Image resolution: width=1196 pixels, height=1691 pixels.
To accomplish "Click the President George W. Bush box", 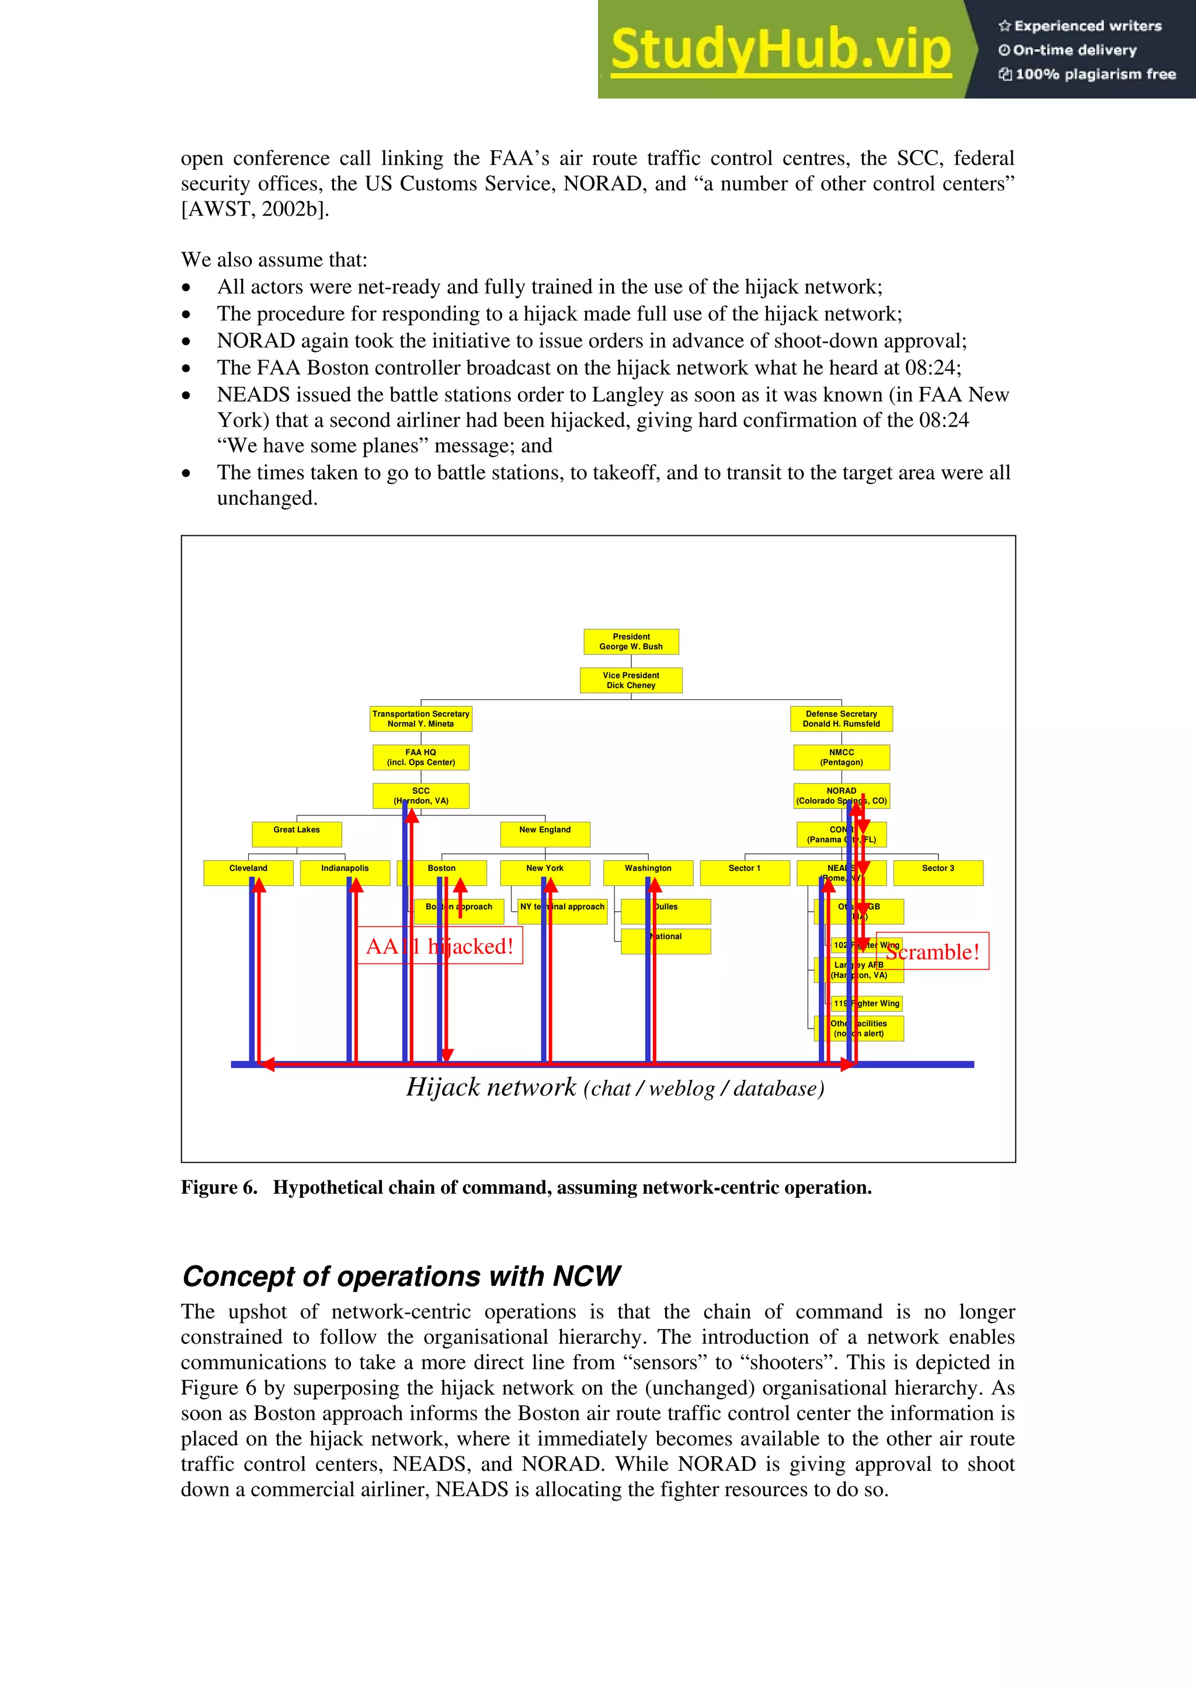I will tap(631, 641).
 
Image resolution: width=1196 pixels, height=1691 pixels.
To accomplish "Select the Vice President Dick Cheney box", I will tap(631, 680).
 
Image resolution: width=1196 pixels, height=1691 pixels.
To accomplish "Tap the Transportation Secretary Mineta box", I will tap(421, 719).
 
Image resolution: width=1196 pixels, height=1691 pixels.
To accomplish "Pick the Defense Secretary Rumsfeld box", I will tap(841, 719).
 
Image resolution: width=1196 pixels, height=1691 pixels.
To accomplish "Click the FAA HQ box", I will tap(421, 757).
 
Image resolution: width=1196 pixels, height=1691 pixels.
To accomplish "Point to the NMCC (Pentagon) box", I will tap(841, 757).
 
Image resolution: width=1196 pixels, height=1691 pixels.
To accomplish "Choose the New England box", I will tap(545, 835).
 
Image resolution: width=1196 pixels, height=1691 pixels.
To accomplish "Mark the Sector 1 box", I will tap(744, 873).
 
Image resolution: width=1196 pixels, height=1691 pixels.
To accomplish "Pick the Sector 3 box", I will tap(937, 873).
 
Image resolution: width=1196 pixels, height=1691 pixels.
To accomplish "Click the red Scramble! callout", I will tap(932, 951).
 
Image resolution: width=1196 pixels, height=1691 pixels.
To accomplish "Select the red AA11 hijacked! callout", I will tap(439, 946).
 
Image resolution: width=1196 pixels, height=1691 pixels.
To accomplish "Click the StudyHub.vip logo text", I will tap(781, 50).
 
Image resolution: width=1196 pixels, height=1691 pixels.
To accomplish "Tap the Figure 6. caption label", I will tap(219, 1187).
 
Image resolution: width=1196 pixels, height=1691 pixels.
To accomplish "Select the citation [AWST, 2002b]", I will tap(255, 209).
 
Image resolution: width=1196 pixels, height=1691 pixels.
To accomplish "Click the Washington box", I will tap(648, 873).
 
